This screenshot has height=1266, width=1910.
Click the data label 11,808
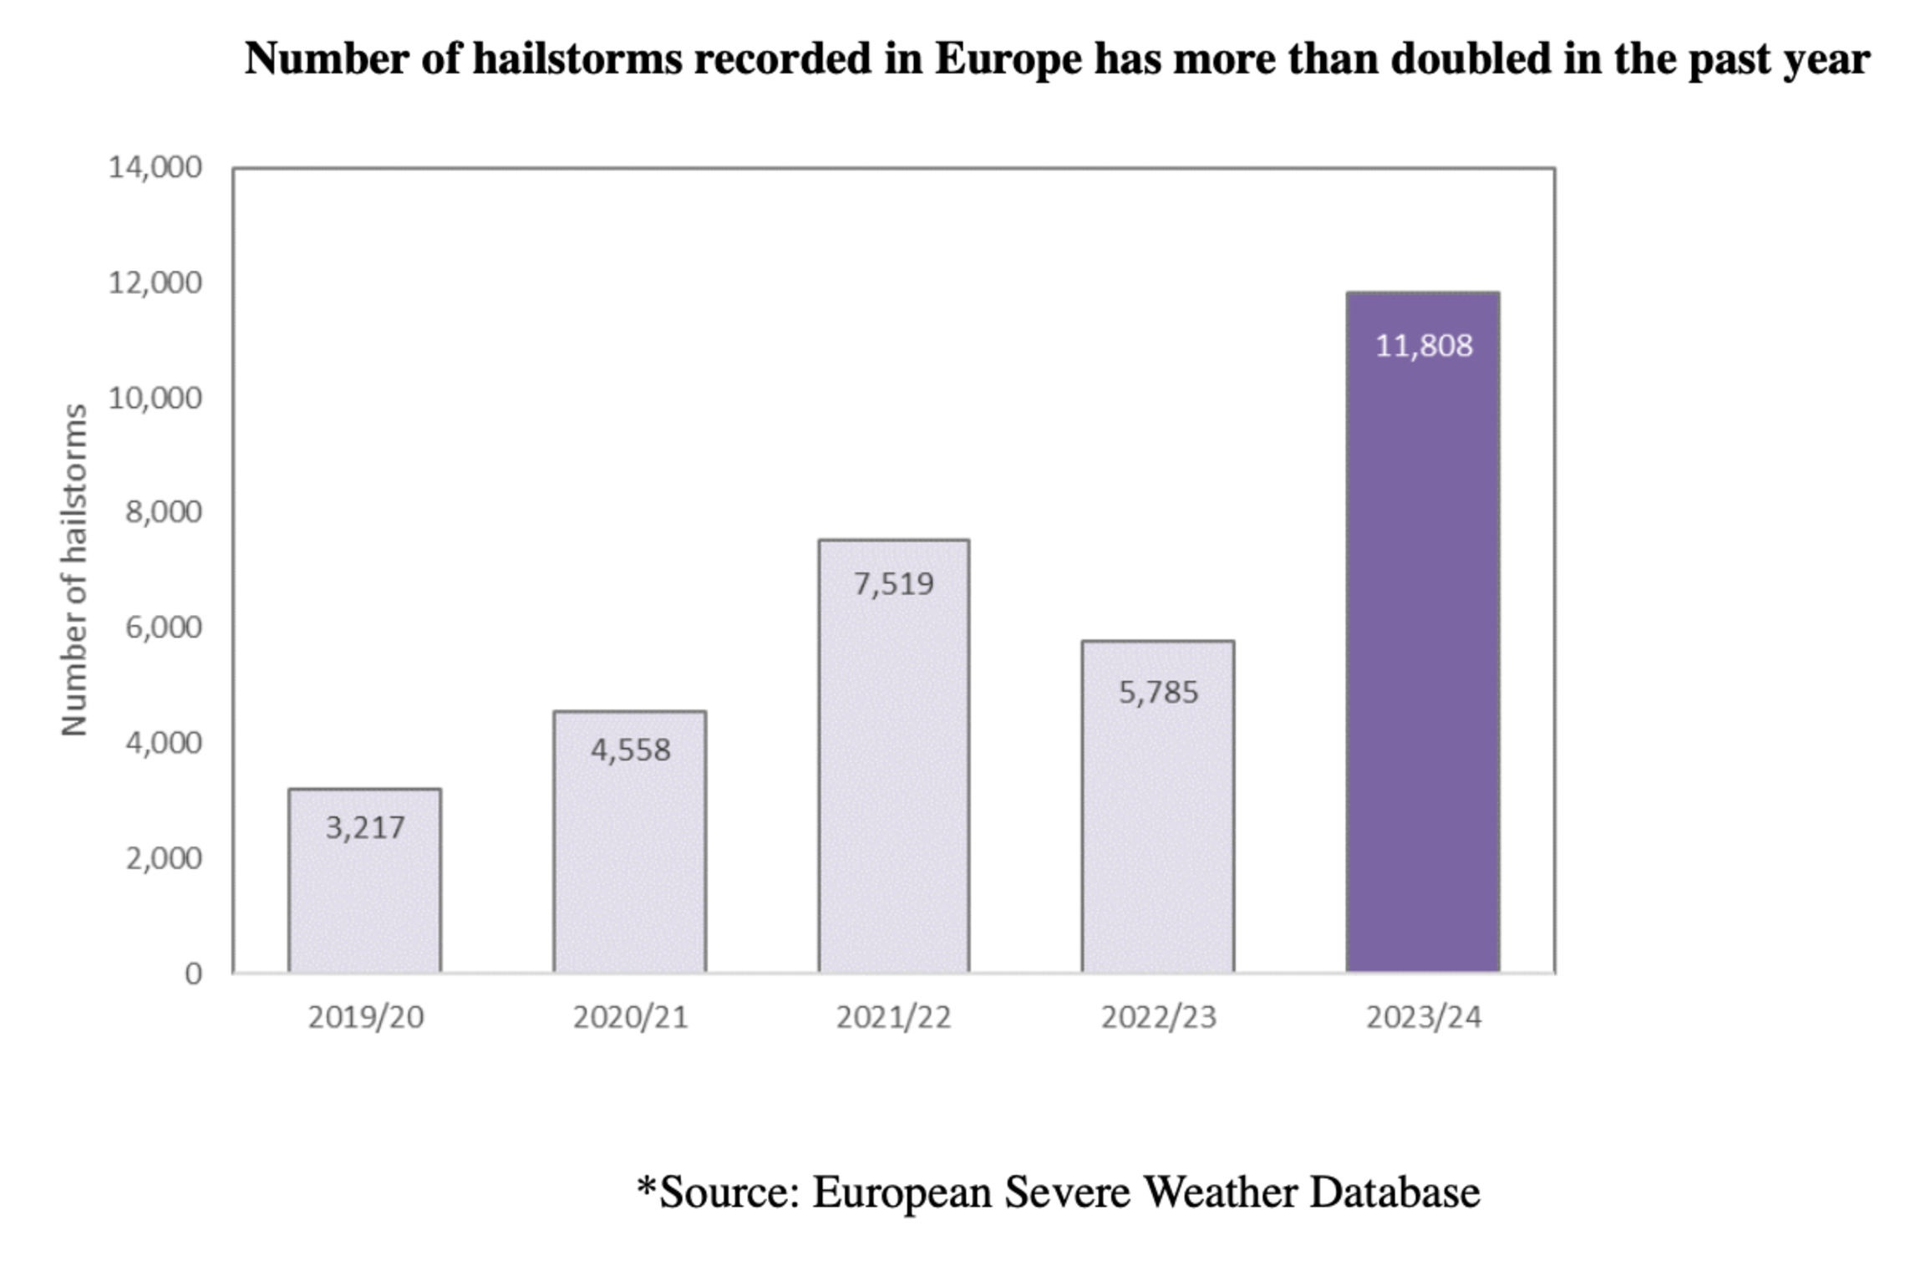pos(1423,346)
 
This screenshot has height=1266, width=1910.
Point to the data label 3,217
pos(364,828)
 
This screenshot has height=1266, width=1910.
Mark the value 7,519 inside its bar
pos(893,583)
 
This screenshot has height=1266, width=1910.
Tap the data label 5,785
pos(1158,692)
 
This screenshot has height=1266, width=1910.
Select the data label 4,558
pos(630,750)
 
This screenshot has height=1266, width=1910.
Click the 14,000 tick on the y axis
pos(155,167)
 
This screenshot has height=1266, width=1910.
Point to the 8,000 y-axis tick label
pos(163,511)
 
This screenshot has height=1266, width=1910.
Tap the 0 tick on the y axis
pos(193,974)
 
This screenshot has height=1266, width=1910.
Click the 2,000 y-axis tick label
pos(163,858)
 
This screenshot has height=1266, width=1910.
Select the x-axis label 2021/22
pos(893,1017)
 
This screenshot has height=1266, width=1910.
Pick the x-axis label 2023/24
pos(1423,1017)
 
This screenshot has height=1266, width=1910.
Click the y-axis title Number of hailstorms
pos(74,570)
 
